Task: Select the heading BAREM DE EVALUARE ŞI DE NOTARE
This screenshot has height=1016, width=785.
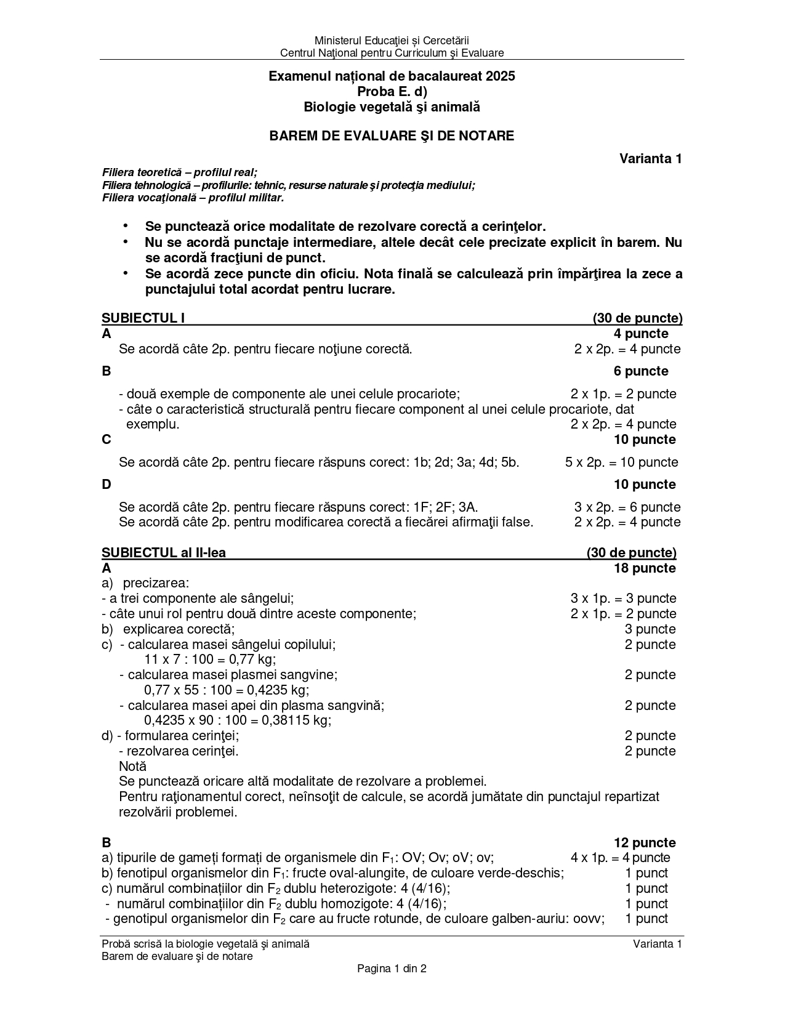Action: pos(392,136)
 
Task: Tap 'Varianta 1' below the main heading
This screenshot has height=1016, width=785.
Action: pos(651,159)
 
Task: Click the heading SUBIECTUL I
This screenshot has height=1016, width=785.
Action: pos(143,318)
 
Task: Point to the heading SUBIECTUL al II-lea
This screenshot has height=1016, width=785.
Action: pos(164,553)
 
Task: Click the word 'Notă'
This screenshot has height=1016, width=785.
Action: pos(132,767)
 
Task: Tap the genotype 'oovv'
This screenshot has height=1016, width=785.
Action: pos(588,919)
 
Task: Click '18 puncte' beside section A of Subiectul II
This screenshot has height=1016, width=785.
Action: pos(645,568)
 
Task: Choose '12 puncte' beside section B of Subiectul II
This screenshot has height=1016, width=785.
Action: pos(645,843)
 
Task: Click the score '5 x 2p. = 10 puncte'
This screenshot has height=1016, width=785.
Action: pos(621,462)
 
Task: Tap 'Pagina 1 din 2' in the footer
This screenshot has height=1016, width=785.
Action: pos(392,969)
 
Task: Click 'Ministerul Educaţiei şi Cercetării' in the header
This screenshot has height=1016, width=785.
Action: pos(392,41)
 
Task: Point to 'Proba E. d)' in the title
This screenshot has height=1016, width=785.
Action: pos(392,92)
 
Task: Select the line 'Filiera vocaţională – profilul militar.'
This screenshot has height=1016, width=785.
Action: pos(193,198)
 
